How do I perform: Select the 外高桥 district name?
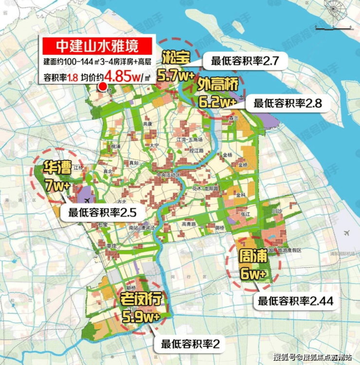(x=219, y=85)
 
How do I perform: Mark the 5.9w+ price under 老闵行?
(x=142, y=317)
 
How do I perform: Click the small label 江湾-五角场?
(x=189, y=140)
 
